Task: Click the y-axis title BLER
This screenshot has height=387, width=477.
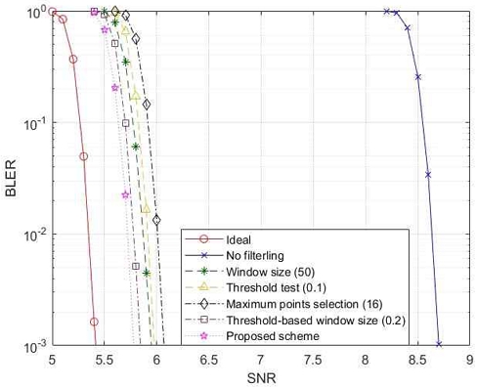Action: point(13,177)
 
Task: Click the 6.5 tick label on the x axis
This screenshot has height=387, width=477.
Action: point(208,360)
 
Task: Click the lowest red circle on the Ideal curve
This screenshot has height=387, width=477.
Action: point(95,322)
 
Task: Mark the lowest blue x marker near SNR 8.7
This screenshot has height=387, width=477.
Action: point(439,344)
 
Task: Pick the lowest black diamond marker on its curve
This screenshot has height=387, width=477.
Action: point(156,220)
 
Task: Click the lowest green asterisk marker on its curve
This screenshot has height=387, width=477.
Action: point(146,273)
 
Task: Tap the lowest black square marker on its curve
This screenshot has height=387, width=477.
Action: point(136,266)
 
